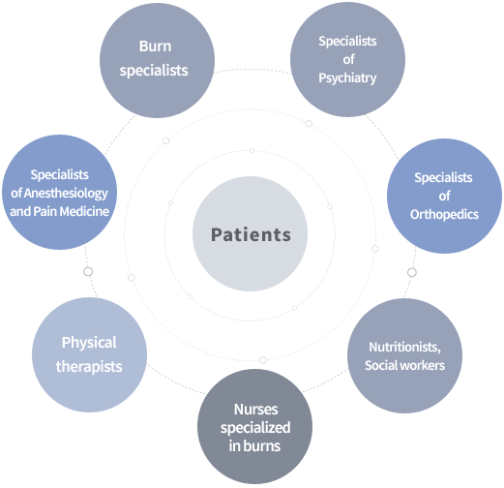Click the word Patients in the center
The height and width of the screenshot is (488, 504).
click(251, 234)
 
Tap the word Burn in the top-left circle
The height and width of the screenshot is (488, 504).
click(155, 46)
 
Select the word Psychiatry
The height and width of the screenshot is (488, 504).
click(347, 78)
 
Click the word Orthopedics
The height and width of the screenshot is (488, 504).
click(444, 215)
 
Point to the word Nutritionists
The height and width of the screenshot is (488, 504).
click(404, 348)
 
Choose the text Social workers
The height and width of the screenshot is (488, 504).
click(404, 365)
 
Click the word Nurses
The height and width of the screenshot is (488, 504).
click(255, 410)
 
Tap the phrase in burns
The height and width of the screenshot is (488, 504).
click(254, 446)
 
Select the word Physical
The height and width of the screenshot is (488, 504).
click(89, 343)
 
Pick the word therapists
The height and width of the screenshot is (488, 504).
click(89, 367)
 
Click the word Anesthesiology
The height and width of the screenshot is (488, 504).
click(66, 194)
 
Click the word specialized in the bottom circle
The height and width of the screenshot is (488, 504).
click(255, 428)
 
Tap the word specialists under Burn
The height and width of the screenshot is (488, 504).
click(154, 71)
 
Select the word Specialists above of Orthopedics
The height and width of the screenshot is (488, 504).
click(443, 177)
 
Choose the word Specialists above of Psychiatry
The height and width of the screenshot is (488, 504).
click(347, 42)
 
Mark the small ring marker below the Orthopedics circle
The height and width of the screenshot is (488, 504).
click(412, 273)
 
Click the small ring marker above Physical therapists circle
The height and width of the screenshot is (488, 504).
click(88, 272)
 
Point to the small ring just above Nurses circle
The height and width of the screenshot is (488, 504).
click(263, 360)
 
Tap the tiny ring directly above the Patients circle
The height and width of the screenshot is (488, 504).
click(252, 151)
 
